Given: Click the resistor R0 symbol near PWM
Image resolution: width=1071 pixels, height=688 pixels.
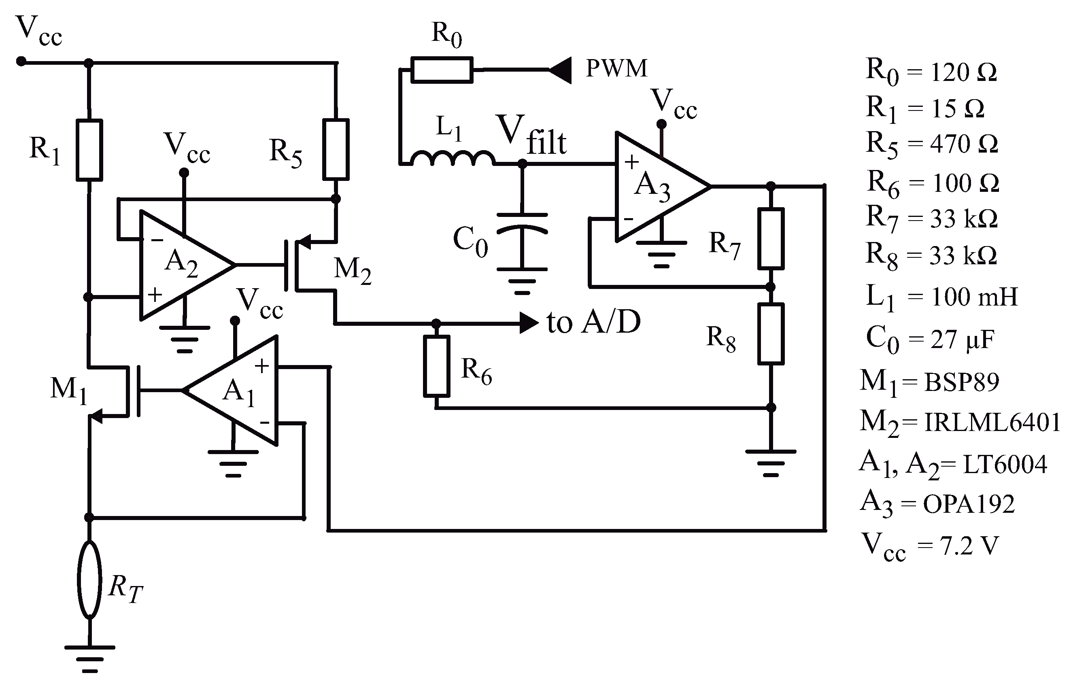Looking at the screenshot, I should (x=442, y=70).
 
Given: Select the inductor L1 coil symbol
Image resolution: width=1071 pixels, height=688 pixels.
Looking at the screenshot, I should (x=452, y=159).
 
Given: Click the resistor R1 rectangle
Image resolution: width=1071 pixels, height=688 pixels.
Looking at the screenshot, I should (x=89, y=150).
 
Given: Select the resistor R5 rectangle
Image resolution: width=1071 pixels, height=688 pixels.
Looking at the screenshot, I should (x=336, y=149).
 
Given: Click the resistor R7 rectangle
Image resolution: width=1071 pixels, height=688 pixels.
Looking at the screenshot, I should (x=771, y=238).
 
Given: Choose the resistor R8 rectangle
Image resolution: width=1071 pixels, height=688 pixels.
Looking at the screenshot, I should (x=771, y=333).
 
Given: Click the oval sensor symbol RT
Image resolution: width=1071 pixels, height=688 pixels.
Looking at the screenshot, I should (x=89, y=580).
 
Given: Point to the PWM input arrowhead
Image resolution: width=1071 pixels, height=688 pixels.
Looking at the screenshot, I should (x=561, y=70).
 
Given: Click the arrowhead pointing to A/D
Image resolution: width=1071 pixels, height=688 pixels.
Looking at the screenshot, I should (x=529, y=323).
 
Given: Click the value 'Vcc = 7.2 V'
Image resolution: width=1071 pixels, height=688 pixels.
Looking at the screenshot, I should (x=929, y=546).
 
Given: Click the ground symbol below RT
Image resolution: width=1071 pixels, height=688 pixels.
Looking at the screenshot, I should (x=89, y=658).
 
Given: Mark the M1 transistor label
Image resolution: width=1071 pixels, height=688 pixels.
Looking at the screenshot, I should (x=68, y=389).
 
